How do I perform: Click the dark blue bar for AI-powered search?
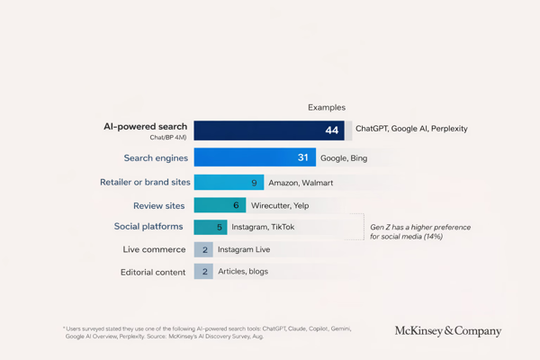coord(269,130)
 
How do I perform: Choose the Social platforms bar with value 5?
coord(211,228)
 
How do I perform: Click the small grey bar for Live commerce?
coord(203,249)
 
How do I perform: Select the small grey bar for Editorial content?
coord(203,271)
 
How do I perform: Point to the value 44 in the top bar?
coord(332,130)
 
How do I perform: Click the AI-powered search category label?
coord(145,127)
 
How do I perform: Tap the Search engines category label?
coord(156,158)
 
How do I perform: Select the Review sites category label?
coord(159,205)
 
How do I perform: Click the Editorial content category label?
coord(153,272)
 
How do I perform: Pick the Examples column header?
coord(326,107)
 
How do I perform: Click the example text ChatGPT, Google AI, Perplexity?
coord(411,129)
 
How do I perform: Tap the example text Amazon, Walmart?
coord(301,183)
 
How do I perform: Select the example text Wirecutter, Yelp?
coord(279,205)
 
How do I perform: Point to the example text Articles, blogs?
coord(243,271)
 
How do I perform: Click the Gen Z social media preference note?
coord(419,232)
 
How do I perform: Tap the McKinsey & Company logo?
coord(447,331)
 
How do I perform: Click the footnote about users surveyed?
coord(207,332)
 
